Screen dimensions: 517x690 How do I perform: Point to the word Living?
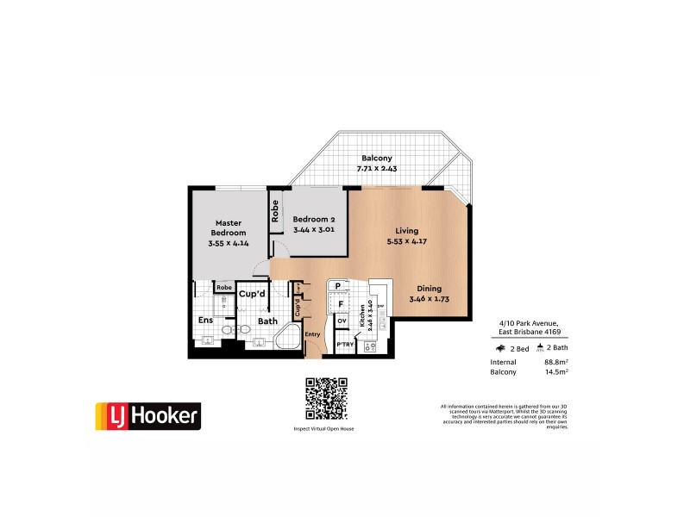click(407, 230)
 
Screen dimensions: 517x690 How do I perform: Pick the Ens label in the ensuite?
click(206, 321)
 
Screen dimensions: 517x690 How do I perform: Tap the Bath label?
click(267, 321)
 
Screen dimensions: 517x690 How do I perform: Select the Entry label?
click(312, 334)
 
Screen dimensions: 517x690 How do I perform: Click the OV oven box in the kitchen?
click(342, 321)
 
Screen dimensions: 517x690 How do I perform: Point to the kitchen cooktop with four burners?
click(368, 347)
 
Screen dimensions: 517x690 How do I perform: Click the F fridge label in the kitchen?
click(341, 303)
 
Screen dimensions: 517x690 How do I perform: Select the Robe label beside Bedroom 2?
click(275, 212)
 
